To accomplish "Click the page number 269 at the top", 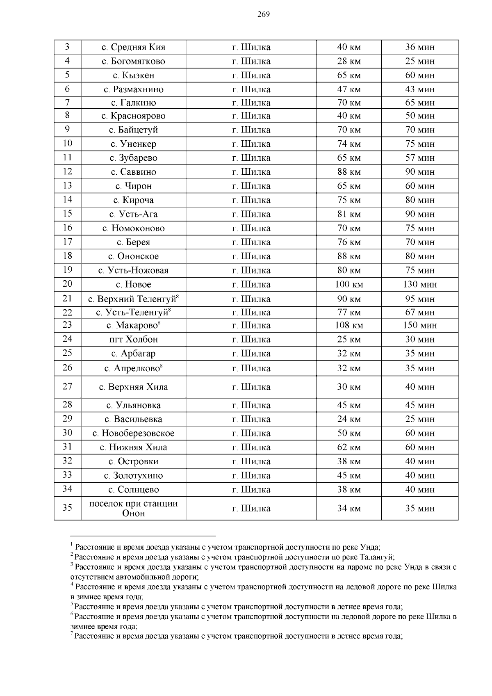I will click(264, 15).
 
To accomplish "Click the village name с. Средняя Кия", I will click(133, 47).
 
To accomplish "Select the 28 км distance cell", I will click(348, 61).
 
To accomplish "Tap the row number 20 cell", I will click(67, 284).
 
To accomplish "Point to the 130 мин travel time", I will click(420, 284).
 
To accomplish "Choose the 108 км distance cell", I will click(348, 325).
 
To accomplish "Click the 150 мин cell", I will click(420, 325).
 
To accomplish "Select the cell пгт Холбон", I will click(133, 339).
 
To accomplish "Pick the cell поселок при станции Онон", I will click(133, 508).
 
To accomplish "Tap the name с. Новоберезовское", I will click(133, 433).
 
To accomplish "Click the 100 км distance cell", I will click(348, 284).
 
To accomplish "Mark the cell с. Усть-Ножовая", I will click(133, 270).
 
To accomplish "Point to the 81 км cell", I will click(348, 214).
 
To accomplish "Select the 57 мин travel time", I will click(420, 158).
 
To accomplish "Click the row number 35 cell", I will click(67, 508).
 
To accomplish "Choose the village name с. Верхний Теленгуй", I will click(133, 299).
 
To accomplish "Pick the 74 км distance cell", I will click(348, 144).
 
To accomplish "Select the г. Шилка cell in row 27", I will click(251, 387).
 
